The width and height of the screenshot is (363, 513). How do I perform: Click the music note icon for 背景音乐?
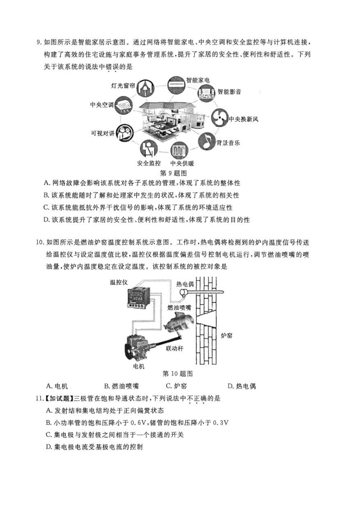click(x=206, y=141)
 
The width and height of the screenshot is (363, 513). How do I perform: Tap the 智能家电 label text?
click(x=198, y=80)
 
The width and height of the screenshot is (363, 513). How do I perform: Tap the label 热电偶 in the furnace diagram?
click(x=185, y=284)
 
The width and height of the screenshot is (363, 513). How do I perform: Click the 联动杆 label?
click(x=175, y=348)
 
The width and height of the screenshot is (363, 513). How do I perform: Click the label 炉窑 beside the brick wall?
click(x=227, y=336)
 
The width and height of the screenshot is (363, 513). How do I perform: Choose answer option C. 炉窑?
click(x=176, y=386)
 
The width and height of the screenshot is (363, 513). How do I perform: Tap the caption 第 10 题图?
click(x=177, y=373)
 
